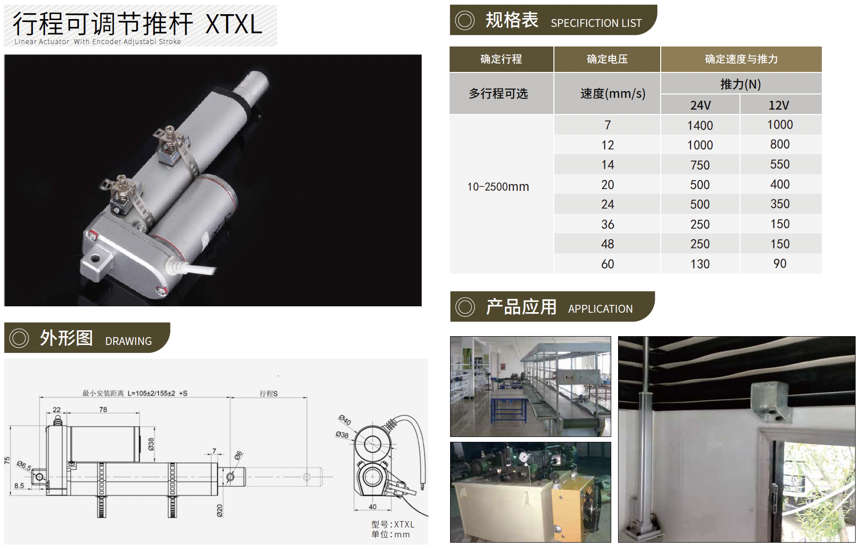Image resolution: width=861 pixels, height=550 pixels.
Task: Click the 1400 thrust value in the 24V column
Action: click(x=700, y=125)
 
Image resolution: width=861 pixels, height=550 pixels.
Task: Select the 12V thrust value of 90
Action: click(x=780, y=264)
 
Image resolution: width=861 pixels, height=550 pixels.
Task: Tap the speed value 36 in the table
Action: click(x=607, y=224)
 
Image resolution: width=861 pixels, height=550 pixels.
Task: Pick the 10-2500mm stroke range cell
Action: click(x=498, y=186)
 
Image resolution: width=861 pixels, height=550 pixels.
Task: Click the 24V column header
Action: click(x=700, y=105)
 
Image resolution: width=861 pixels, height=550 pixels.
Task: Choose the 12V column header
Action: click(x=779, y=105)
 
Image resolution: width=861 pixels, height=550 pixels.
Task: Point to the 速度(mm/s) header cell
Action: click(x=613, y=93)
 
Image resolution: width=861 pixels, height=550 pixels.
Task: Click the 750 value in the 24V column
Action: click(x=700, y=165)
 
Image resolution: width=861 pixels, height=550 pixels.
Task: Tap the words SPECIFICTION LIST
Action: click(x=596, y=23)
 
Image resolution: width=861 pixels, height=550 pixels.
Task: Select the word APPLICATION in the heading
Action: click(x=600, y=309)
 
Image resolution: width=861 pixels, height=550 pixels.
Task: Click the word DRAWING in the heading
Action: click(x=128, y=341)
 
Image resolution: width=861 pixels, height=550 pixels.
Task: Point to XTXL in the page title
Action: click(x=234, y=24)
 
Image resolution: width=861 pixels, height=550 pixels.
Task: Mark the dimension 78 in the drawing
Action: click(x=103, y=410)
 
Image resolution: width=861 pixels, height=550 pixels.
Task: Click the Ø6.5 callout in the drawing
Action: click(x=24, y=465)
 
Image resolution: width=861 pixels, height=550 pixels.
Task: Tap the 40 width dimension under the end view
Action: click(x=373, y=506)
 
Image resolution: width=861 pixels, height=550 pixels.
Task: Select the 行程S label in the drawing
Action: click(x=268, y=393)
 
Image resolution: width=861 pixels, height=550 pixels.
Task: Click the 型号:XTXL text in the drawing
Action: click(x=393, y=524)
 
